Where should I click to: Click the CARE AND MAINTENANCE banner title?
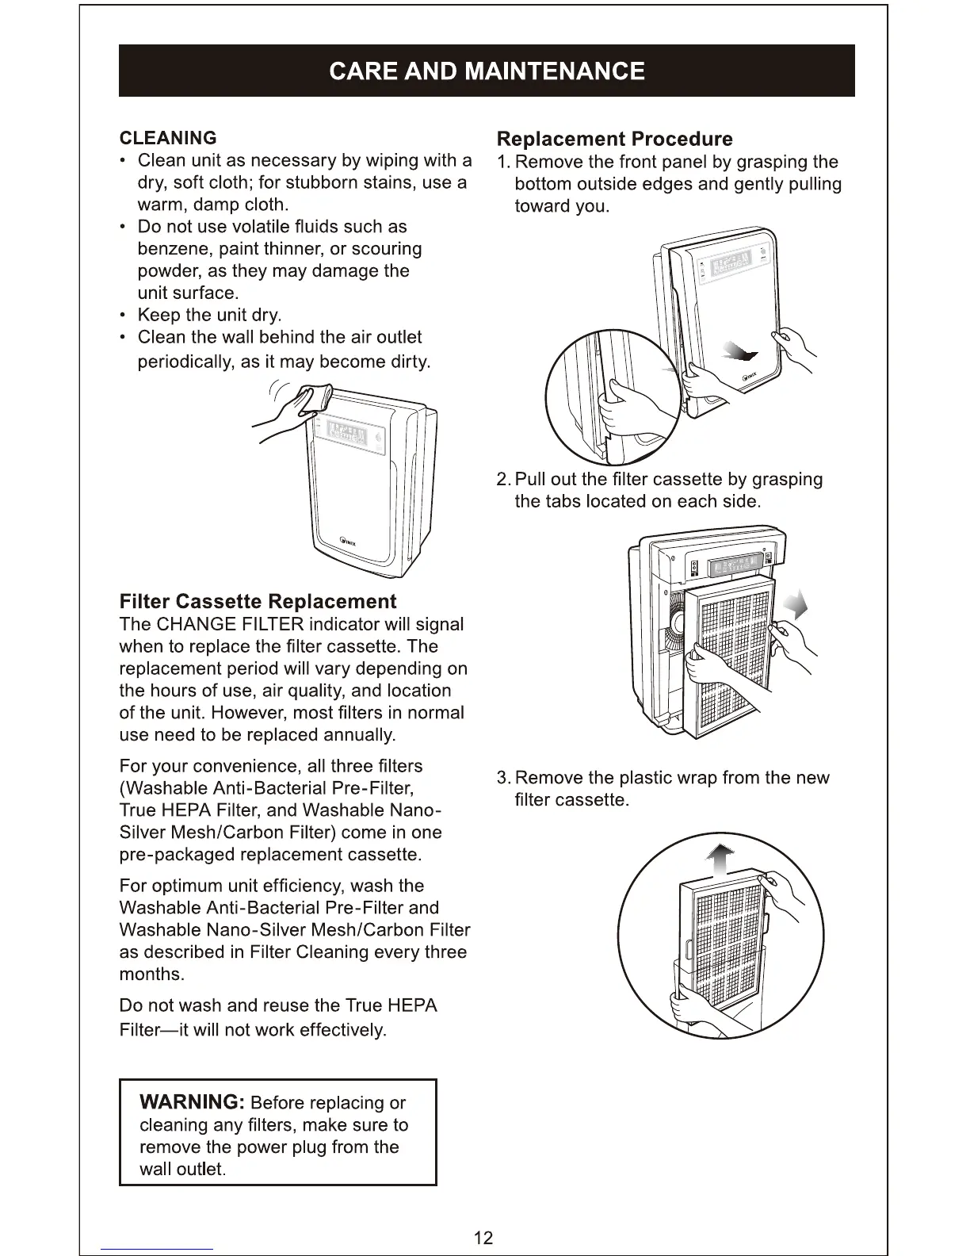point(486,71)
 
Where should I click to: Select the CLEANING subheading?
point(167,138)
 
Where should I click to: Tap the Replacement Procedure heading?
point(614,140)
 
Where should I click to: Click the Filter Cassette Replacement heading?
point(258,601)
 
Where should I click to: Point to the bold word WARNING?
point(191,1102)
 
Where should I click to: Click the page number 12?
point(483,1238)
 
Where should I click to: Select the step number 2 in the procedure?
point(502,480)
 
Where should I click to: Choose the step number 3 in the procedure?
point(502,778)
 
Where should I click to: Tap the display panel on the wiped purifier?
point(346,436)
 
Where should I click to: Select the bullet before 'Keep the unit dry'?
point(124,316)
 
